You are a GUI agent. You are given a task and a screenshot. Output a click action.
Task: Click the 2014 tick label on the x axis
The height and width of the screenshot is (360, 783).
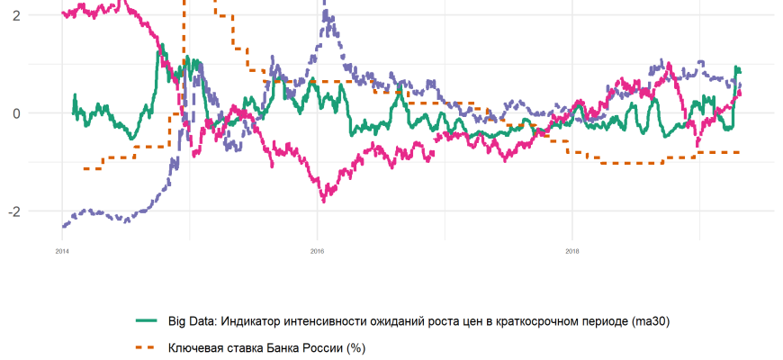click(62, 251)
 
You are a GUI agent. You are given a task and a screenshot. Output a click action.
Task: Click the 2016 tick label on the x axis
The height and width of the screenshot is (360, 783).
click(317, 251)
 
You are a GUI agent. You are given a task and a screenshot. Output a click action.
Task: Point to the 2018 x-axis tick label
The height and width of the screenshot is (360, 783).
click(571, 251)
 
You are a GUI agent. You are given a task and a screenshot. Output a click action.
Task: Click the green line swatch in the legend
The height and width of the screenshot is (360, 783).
click(147, 320)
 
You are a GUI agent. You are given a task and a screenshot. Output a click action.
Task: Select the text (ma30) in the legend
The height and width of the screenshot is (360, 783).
click(651, 320)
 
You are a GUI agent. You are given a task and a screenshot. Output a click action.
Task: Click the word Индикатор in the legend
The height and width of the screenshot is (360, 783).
click(256, 320)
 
